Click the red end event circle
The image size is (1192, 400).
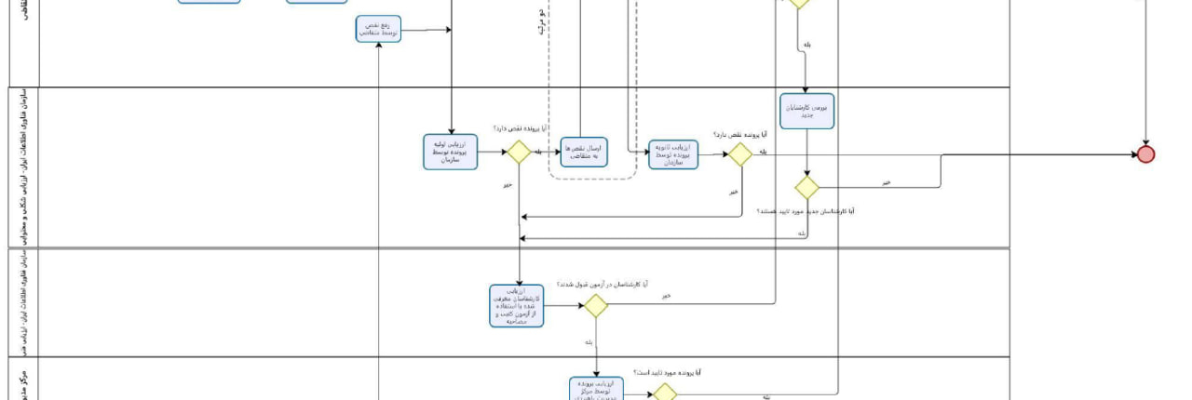pyautogui.click(x=1145, y=154)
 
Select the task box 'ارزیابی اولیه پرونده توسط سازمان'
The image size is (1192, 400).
pyautogui.click(x=451, y=152)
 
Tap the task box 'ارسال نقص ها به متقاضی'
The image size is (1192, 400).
pyautogui.click(x=584, y=152)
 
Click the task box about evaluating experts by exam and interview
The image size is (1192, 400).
pyautogui.click(x=517, y=305)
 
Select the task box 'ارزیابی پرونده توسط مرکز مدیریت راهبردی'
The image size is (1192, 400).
pyautogui.click(x=597, y=389)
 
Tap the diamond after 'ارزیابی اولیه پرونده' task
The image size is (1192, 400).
pyautogui.click(x=518, y=152)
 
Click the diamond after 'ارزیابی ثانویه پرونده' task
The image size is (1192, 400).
pyautogui.click(x=740, y=154)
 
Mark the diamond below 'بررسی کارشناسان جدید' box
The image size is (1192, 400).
pyautogui.click(x=807, y=188)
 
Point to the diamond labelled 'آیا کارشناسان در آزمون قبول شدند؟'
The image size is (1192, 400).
pyautogui.click(x=596, y=305)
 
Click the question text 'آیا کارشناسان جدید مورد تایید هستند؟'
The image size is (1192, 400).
pyautogui.click(x=806, y=212)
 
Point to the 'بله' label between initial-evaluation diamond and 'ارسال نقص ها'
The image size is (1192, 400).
pyautogui.click(x=538, y=150)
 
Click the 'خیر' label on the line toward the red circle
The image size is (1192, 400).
pyautogui.click(x=886, y=182)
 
